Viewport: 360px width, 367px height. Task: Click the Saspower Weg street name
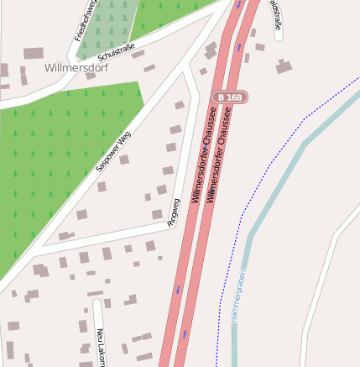[113, 151]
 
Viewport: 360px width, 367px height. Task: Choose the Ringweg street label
[174, 213]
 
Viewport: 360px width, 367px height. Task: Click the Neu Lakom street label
[101, 346]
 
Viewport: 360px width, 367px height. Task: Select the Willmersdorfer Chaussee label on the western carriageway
[197, 160]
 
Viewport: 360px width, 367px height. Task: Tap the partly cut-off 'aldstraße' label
[275, 14]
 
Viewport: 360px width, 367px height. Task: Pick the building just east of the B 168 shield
[284, 66]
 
